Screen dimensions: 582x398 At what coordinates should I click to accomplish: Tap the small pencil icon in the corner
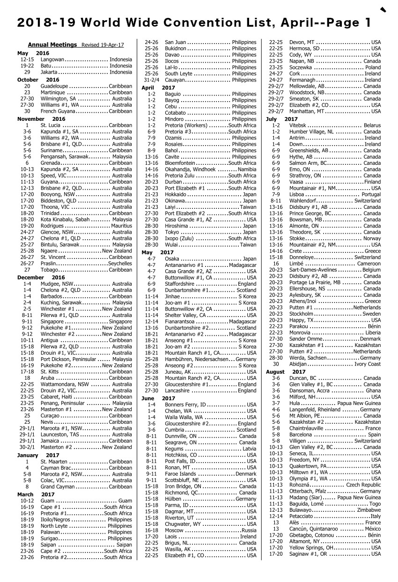point(383,9)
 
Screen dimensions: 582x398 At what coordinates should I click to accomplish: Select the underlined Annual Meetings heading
point(52,45)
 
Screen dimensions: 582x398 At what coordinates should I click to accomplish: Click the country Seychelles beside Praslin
point(120,264)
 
